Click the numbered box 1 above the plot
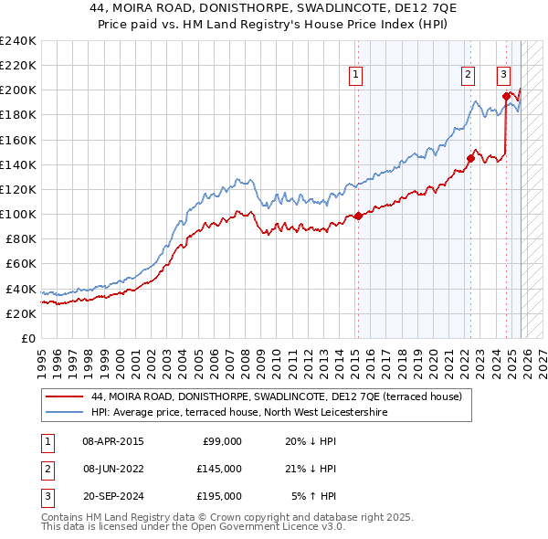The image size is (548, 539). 355,76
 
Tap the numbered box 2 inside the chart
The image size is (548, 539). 468,76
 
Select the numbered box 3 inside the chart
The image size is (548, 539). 503,76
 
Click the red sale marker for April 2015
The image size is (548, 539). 358,216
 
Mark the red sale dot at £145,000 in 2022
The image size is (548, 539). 470,158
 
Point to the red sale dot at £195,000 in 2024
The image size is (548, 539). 506,96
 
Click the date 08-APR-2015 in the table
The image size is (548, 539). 112,440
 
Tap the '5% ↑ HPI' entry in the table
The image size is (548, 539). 313,497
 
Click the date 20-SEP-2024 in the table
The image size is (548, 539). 112,497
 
